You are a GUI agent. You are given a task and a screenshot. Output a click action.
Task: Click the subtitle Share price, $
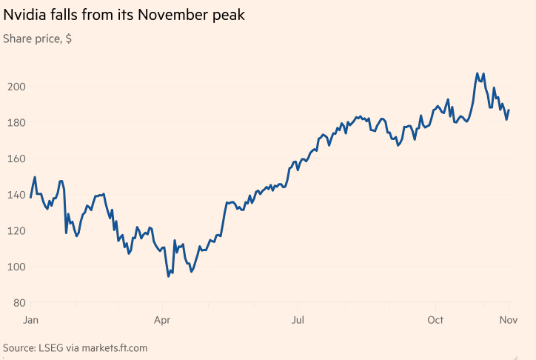click(38, 37)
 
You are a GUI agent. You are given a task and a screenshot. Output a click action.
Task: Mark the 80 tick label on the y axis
click(18, 303)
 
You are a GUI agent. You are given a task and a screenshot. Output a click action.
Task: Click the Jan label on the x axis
click(31, 320)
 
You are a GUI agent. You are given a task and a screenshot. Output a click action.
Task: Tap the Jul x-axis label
click(298, 320)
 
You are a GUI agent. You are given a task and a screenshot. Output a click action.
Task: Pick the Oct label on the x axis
click(435, 320)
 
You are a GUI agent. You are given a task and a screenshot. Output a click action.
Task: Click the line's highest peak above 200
click(478, 73)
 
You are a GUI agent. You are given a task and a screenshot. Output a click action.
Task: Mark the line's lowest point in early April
click(169, 276)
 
